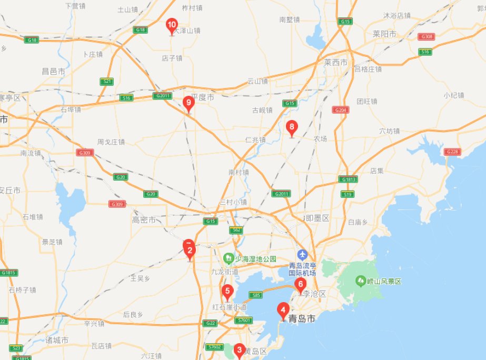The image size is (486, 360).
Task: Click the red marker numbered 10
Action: tap(172, 25)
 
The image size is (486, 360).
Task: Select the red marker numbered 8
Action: tap(291, 127)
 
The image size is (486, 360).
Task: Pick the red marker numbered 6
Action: tap(300, 286)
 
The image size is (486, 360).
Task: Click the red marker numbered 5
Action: tap(227, 292)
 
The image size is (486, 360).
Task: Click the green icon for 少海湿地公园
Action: tap(229, 258)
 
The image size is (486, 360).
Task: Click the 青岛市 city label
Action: tap(305, 318)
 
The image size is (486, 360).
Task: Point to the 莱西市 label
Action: tap(336, 63)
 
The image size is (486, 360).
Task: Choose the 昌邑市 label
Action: tap(54, 71)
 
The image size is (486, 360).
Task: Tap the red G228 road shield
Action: tap(452, 152)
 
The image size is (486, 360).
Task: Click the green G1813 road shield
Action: tap(348, 179)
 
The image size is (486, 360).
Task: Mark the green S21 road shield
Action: tap(107, 81)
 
